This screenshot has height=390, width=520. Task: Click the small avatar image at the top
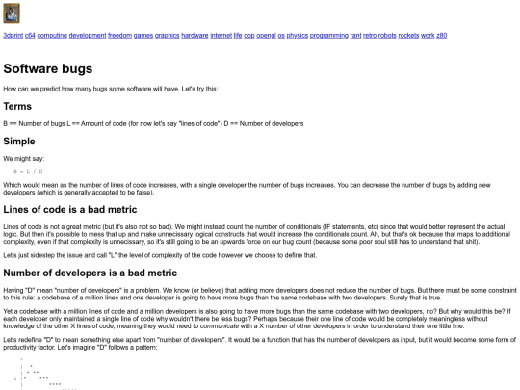[12, 13]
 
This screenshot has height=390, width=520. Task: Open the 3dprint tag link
[13, 35]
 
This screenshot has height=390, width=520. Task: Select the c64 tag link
[30, 35]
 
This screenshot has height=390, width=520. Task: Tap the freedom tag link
[119, 35]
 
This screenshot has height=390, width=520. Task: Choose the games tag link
[143, 35]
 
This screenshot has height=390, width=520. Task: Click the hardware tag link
[195, 35]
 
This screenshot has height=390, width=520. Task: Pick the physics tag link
[298, 35]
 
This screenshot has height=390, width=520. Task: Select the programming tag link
[329, 35]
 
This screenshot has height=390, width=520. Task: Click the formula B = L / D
[40, 170]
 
